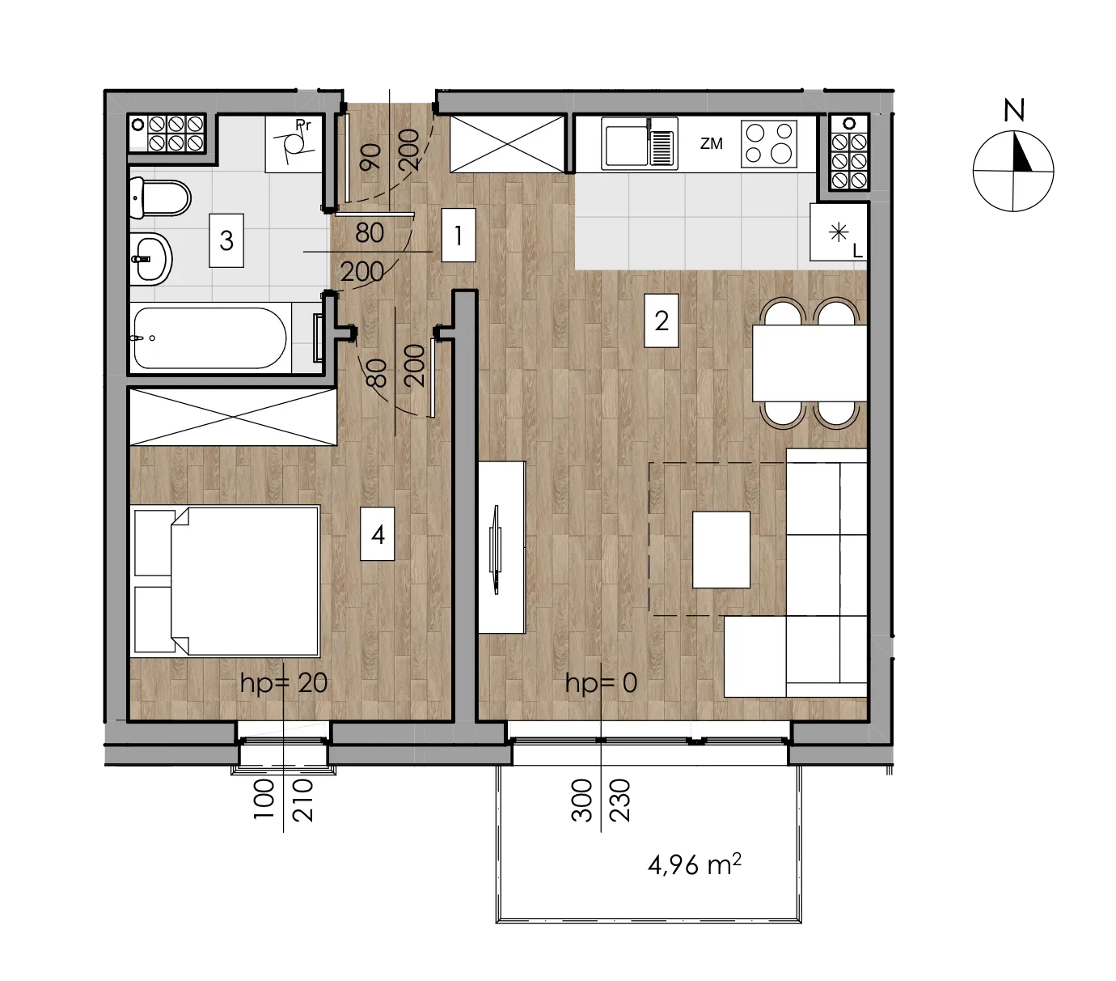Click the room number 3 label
point(226,241)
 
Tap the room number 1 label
point(459,236)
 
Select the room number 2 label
point(661,321)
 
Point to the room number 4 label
point(378,534)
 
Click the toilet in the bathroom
point(160,198)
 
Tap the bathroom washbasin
point(151,259)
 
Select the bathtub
point(210,338)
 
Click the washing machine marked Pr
point(294,143)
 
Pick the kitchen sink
point(639,142)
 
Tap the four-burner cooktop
point(769,144)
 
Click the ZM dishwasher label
point(711,144)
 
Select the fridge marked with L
point(839,231)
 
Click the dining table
point(810,363)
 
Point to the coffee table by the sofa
point(721,550)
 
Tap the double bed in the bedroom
point(226,581)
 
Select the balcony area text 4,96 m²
point(694,864)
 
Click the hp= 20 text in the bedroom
point(284,683)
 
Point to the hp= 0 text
point(601,683)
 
